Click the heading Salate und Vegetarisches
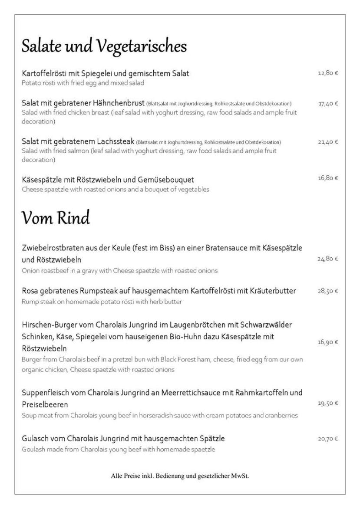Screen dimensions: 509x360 click(x=104, y=46)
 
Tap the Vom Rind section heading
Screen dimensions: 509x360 click(x=56, y=217)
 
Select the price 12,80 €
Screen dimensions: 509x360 click(x=328, y=73)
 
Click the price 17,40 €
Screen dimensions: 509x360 click(x=328, y=104)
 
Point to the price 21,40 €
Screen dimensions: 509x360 click(x=328, y=142)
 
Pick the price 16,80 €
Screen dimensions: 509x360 click(x=328, y=178)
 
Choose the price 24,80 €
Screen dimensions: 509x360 click(x=328, y=259)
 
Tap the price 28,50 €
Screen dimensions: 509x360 click(x=328, y=291)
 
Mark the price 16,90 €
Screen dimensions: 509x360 click(x=328, y=342)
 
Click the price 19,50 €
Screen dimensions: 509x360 click(x=328, y=403)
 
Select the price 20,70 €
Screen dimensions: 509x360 click(x=328, y=439)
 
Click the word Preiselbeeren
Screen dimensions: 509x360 click(x=45, y=404)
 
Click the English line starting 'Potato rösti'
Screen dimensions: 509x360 click(x=83, y=83)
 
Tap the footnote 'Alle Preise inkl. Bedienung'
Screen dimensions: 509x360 click(x=180, y=476)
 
